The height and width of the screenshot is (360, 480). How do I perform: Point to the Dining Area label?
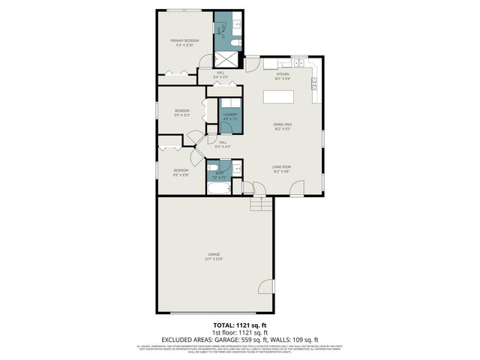point(282,126)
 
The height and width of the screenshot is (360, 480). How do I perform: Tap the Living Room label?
point(281,168)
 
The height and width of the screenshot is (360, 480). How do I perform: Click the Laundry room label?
point(229,116)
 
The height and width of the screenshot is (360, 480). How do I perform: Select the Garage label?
point(214,256)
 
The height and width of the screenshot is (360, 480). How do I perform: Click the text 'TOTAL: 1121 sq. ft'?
point(239,325)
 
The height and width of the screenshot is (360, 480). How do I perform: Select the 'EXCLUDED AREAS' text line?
point(239,339)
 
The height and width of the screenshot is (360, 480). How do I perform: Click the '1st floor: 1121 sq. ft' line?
point(239,331)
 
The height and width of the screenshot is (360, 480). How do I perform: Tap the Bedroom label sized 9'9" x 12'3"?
point(181,113)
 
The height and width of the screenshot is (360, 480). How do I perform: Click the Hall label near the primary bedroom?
point(220,74)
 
